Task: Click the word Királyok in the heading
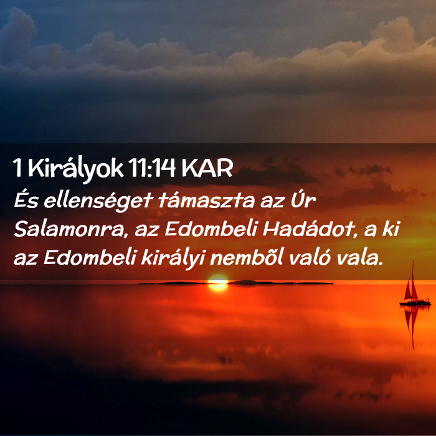(x=75, y=169)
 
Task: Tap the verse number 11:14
(x=152, y=168)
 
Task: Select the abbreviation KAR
(x=207, y=168)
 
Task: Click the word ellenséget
(x=98, y=201)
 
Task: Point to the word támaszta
(x=206, y=201)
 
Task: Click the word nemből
(x=247, y=258)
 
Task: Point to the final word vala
(x=359, y=258)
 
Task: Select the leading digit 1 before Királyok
(x=17, y=168)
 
